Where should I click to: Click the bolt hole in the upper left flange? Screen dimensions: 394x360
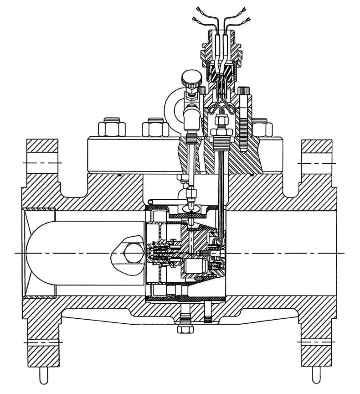pyautogui.click(x=42, y=162)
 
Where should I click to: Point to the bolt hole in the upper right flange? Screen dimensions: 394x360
pyautogui.click(x=316, y=162)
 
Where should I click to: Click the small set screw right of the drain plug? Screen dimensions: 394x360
pyautogui.click(x=208, y=319)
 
